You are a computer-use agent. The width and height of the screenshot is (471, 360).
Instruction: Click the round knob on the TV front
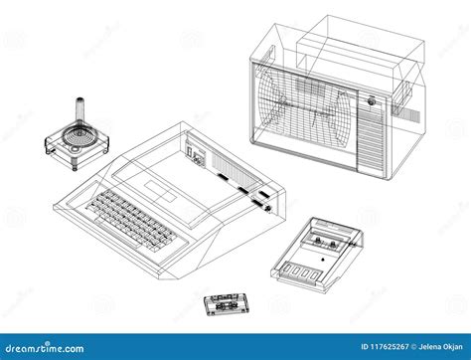[x=371, y=100]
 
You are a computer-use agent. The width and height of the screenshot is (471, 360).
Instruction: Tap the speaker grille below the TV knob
[x=371, y=139]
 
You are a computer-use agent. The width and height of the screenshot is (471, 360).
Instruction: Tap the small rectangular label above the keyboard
[x=160, y=189]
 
